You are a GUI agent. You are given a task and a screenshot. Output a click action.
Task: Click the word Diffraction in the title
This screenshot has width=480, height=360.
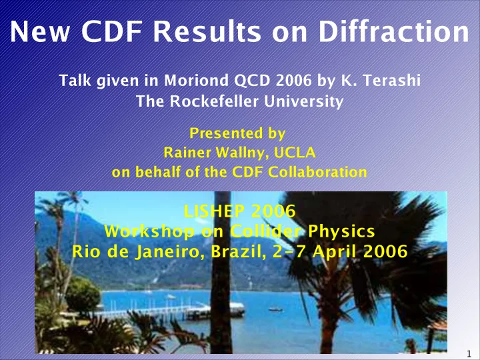pyautogui.click(x=394, y=31)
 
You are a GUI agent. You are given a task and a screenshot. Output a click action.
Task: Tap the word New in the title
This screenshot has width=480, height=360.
pyautogui.click(x=40, y=31)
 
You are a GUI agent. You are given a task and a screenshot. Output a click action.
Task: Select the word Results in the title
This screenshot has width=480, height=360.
pyautogui.click(x=207, y=31)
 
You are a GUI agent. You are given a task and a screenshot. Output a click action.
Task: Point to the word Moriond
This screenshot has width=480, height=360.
pyautogui.click(x=196, y=81)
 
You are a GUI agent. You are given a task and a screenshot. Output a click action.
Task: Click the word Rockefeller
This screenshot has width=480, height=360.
pyautogui.click(x=214, y=101)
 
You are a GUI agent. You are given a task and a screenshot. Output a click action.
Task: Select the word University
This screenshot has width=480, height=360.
pyautogui.click(x=304, y=101)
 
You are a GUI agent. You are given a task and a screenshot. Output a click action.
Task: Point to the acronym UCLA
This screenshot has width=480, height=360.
pyautogui.click(x=295, y=153)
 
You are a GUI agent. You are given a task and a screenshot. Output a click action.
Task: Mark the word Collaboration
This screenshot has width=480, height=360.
pyautogui.click(x=317, y=172)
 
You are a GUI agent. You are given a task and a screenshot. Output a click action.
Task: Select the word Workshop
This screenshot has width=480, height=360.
pyautogui.click(x=149, y=231)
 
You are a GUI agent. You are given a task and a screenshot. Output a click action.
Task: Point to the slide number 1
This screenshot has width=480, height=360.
pyautogui.click(x=469, y=353)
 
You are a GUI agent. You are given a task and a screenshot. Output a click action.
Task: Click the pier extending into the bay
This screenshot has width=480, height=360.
pyautogui.click(x=169, y=311)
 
